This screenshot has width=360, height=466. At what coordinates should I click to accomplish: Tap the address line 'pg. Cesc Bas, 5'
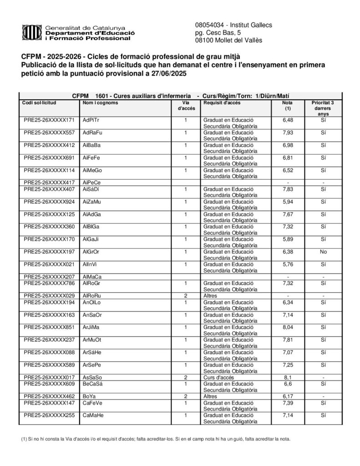click(215, 33)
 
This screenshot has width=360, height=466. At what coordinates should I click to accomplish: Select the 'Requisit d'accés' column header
click(222, 103)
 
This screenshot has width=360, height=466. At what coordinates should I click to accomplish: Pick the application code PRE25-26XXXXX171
click(49, 120)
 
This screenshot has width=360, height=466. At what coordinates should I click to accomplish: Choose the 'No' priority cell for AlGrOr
click(323, 252)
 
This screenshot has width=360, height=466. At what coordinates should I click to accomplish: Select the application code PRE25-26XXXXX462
click(49, 396)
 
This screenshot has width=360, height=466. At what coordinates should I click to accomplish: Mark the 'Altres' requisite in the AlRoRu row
click(210, 295)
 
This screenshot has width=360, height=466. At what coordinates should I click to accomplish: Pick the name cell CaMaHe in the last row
click(93, 415)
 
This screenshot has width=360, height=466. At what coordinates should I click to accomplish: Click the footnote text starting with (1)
click(155, 439)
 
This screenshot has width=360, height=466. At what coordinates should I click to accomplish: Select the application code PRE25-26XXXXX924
click(49, 202)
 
